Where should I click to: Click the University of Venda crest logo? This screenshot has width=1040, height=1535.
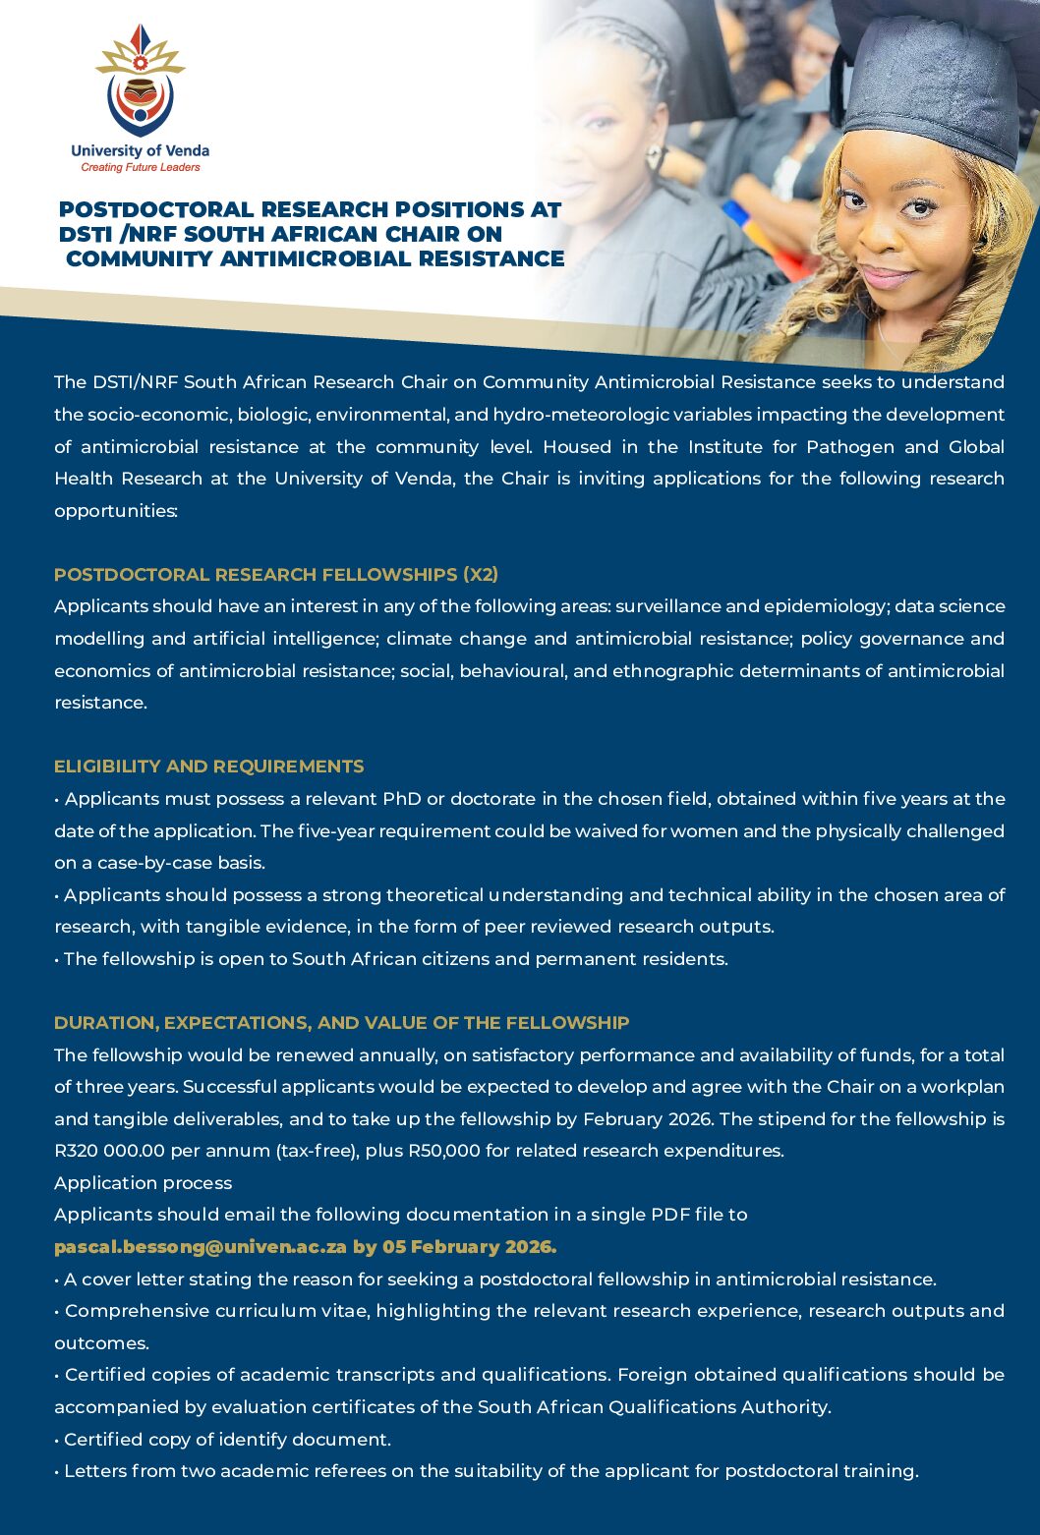[140, 83]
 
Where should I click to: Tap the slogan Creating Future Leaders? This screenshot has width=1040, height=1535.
[140, 167]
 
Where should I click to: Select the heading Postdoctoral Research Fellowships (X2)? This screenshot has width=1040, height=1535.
[276, 574]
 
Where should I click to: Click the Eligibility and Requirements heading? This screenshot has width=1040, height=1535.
[208, 767]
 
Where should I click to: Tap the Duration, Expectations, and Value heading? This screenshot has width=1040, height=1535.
[341, 1022]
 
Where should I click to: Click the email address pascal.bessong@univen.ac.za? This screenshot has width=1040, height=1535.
[201, 1246]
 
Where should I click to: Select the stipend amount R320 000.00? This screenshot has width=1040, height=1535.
[110, 1150]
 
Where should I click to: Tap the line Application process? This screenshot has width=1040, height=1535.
[144, 1182]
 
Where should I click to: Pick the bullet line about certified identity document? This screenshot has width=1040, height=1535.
[223, 1439]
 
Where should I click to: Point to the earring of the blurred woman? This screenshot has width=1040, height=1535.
[652, 156]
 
